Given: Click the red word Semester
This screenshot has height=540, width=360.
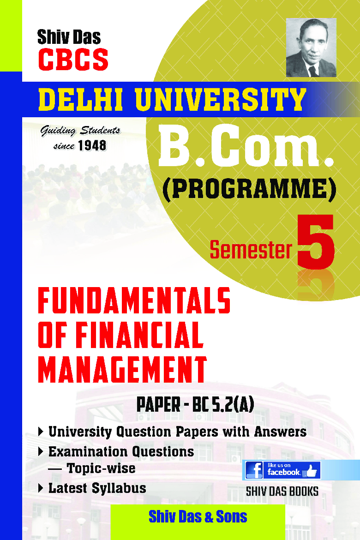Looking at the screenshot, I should tap(251, 250).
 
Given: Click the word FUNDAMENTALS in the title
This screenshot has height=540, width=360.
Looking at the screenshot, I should tap(133, 301).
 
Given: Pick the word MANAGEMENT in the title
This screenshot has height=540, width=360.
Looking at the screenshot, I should tap(122, 368).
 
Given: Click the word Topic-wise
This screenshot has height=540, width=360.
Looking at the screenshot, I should tap(101, 468).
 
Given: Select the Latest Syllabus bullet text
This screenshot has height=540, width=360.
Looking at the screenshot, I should tap(97, 488).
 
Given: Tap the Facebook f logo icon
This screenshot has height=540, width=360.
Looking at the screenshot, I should tap(254, 470).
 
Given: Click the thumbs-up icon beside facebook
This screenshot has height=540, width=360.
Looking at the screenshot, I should tap(311, 470).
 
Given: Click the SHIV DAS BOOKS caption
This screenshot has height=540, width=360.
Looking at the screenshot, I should tap(282, 492).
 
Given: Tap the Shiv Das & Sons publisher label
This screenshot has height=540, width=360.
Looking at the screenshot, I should tap(198, 516).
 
